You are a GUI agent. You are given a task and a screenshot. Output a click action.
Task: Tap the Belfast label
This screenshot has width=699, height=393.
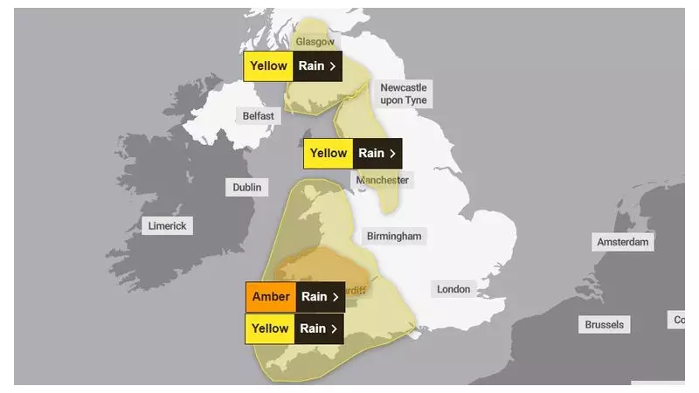click(258, 115)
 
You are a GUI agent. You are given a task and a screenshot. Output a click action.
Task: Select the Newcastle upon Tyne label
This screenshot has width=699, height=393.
click(403, 94)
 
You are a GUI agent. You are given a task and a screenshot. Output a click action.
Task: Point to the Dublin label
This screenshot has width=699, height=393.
click(247, 187)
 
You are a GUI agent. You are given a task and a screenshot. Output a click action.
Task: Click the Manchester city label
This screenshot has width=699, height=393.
click(382, 180)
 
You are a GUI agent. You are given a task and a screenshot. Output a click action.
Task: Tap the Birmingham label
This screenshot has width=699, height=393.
click(394, 236)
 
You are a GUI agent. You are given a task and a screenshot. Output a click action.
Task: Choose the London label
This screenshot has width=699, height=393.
click(453, 289)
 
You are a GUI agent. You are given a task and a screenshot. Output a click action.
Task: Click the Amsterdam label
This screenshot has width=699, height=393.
click(623, 242)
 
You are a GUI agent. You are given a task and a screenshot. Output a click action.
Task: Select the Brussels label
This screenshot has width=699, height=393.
click(605, 324)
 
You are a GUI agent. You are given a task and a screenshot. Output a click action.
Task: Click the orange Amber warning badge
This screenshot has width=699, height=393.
click(271, 297)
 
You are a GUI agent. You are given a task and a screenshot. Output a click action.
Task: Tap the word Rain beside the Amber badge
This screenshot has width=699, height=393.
click(314, 297)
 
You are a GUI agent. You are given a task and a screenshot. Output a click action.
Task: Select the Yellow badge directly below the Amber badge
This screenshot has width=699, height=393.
click(270, 328)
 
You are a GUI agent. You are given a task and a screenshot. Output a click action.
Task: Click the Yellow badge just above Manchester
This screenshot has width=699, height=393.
click(329, 154)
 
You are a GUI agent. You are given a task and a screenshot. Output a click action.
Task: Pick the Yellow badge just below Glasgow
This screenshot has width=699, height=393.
click(268, 65)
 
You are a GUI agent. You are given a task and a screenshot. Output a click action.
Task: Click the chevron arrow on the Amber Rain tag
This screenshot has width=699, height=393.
click(335, 297)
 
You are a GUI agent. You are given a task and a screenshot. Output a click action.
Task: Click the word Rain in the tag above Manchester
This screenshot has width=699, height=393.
click(371, 154)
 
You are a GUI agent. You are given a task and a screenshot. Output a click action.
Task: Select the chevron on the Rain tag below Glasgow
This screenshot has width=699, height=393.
click(332, 65)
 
